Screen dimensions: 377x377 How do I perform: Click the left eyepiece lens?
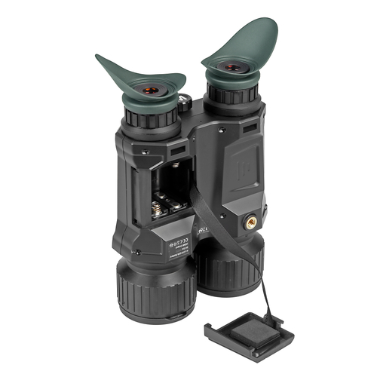coord(152,90)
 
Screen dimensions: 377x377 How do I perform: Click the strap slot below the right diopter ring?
coord(249,129)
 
